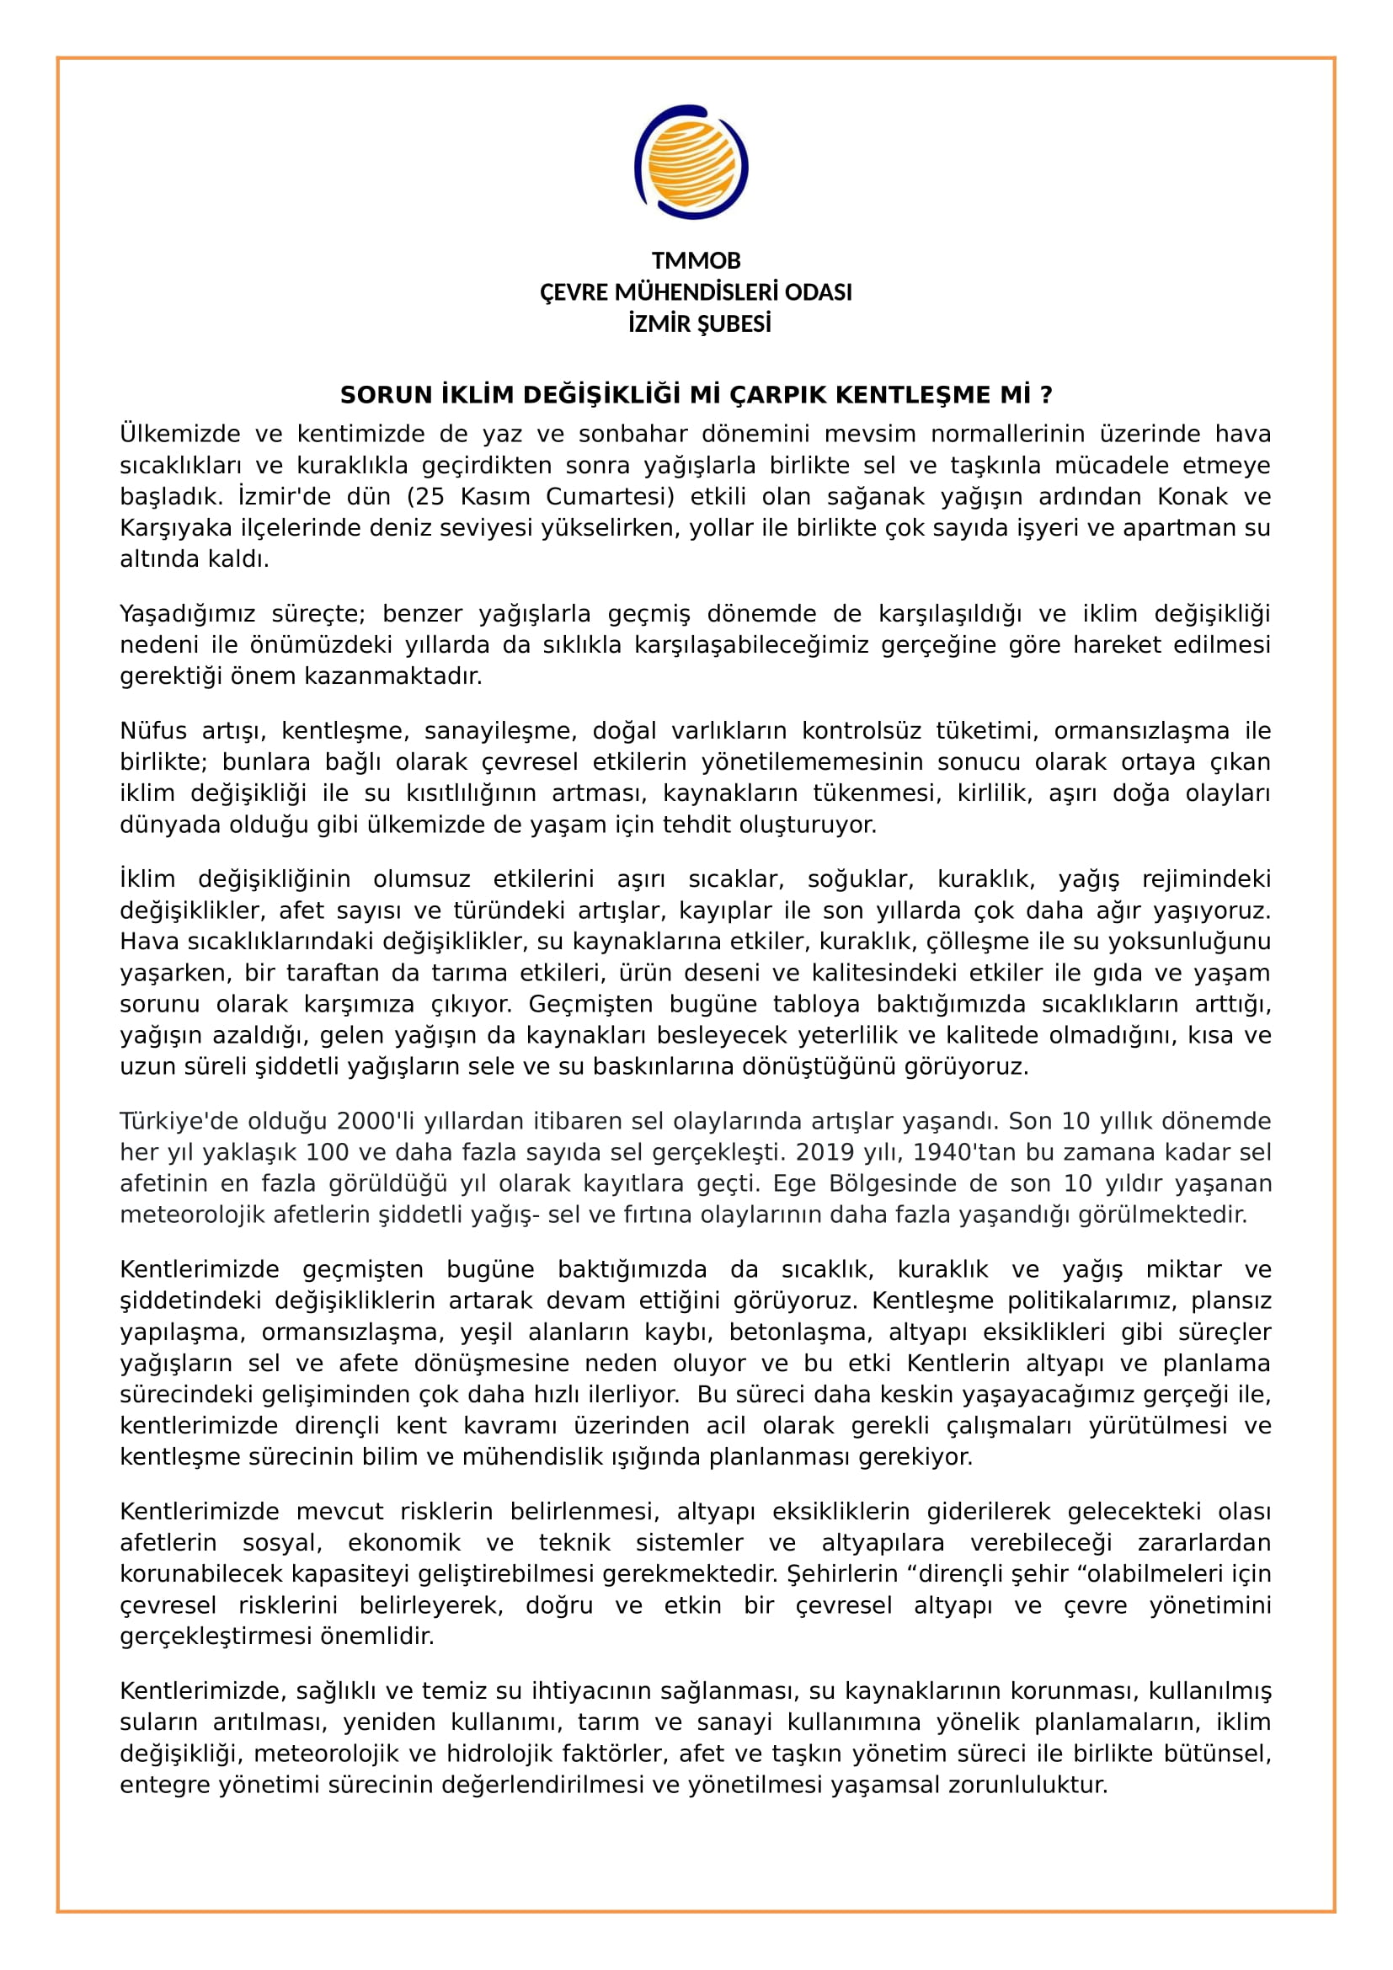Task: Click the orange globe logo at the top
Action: pos(691,163)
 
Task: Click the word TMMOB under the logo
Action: pos(696,261)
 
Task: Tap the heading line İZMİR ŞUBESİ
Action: pos(699,324)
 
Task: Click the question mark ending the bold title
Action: pos(1046,396)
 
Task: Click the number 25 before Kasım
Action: pos(432,497)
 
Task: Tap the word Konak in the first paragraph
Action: pos(1193,497)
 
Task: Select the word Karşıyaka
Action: pos(176,529)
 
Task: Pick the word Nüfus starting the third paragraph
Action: pos(153,731)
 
